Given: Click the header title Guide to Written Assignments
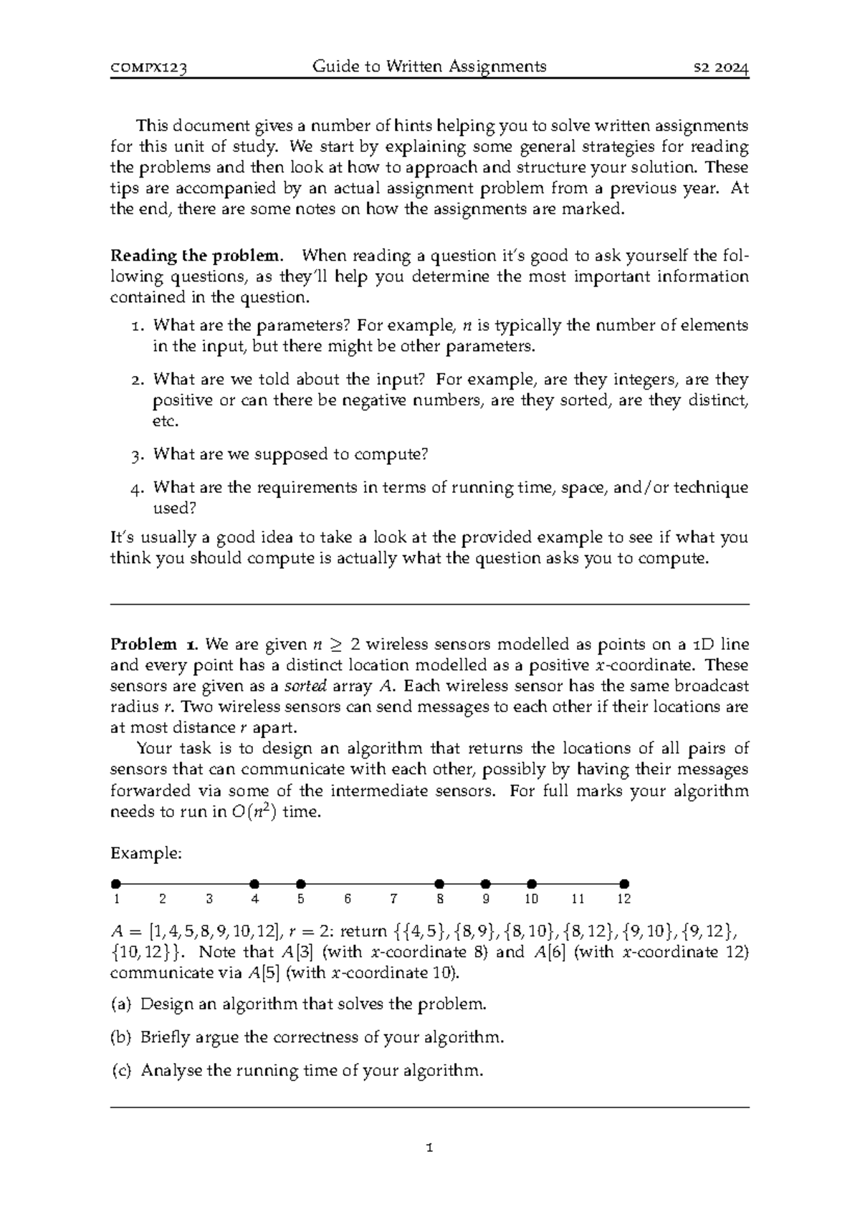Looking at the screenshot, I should (x=429, y=67).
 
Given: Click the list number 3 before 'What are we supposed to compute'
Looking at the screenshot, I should (x=138, y=455).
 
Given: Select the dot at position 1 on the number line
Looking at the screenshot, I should (x=116, y=884).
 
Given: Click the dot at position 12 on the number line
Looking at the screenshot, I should (x=624, y=884).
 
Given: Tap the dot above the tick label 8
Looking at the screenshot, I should (x=440, y=884).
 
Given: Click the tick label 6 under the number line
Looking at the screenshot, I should (x=348, y=899).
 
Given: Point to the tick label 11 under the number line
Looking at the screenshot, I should (x=578, y=899).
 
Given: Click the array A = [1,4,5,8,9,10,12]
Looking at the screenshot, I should (x=191, y=932).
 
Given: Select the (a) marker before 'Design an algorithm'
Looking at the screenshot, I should (x=121, y=1004).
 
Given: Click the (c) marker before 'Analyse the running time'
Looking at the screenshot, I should (x=121, y=1071).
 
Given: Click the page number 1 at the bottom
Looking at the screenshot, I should (x=429, y=1148).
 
